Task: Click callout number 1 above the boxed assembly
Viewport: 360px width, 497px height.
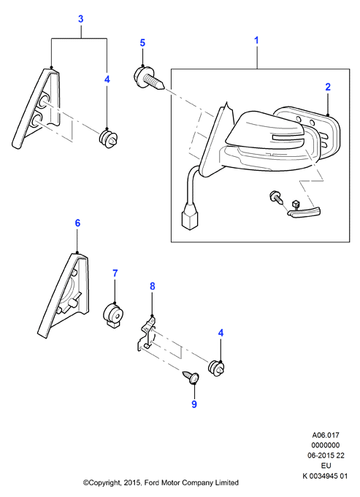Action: (x=256, y=41)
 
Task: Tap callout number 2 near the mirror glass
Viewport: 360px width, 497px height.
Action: (x=328, y=87)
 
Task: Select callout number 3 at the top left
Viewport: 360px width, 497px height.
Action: (x=81, y=19)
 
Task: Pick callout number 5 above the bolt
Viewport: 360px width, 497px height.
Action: (x=142, y=43)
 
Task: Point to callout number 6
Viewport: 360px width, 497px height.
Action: (x=77, y=223)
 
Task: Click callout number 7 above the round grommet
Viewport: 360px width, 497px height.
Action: (x=115, y=273)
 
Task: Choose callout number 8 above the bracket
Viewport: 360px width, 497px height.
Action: (x=152, y=286)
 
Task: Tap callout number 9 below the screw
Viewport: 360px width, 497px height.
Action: (x=194, y=404)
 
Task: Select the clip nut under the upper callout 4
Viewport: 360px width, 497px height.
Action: (x=109, y=139)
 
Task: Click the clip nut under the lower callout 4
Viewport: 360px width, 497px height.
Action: (x=217, y=369)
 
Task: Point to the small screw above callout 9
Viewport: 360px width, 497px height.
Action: (x=191, y=377)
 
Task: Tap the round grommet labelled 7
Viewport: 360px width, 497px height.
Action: (x=114, y=315)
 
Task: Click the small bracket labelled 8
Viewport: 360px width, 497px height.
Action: (x=147, y=334)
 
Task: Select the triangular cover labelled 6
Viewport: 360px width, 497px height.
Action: (x=64, y=295)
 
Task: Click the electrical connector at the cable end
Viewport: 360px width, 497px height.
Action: (x=189, y=219)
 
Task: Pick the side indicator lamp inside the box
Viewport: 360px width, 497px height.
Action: (x=305, y=212)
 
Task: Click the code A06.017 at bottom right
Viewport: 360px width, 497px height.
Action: (x=326, y=436)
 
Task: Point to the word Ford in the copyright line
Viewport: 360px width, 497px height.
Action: (x=152, y=482)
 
